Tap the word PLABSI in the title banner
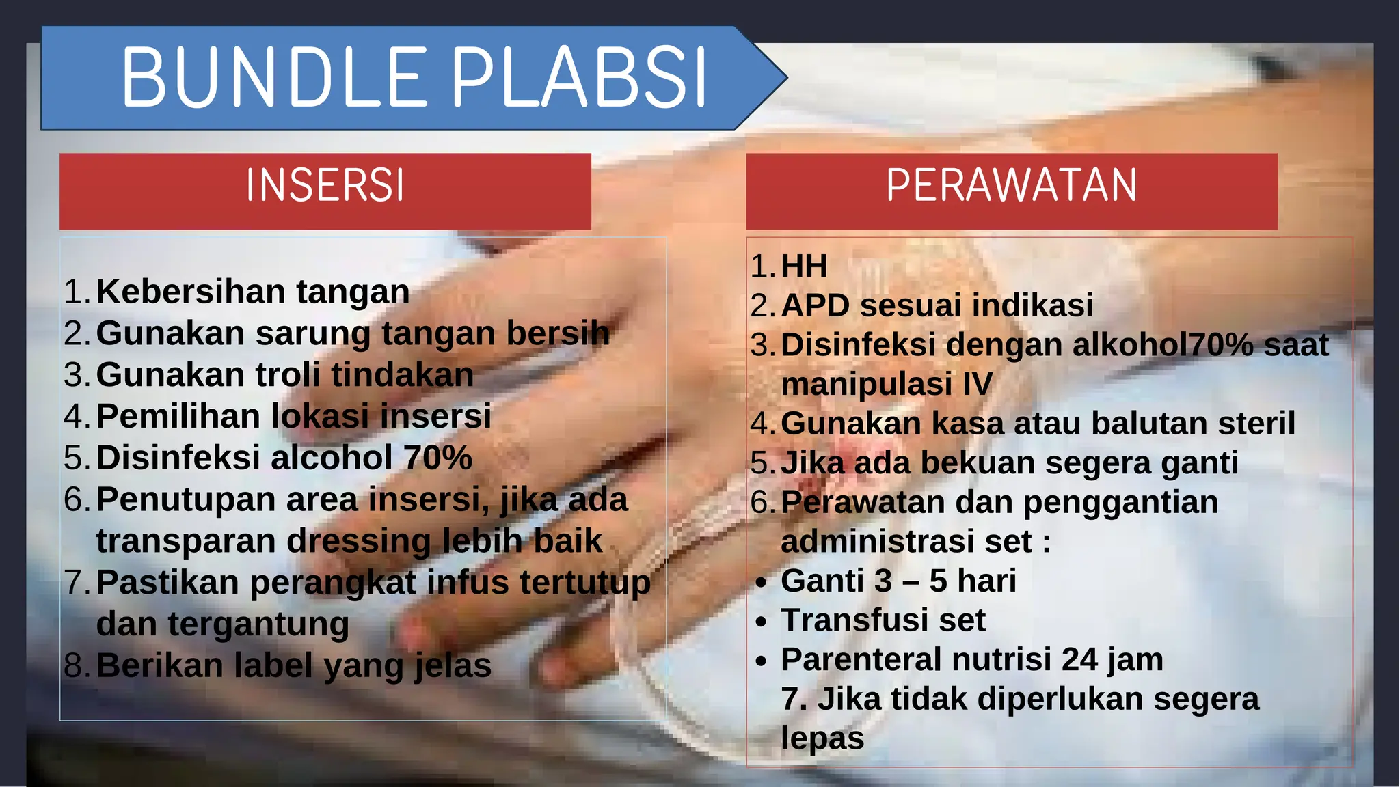click(580, 78)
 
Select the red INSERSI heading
click(325, 186)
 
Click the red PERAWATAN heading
click(1012, 186)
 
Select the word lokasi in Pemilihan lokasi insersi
click(321, 416)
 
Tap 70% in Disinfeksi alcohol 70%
click(437, 458)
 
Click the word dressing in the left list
click(359, 541)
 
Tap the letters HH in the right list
click(804, 266)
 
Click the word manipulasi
click(866, 384)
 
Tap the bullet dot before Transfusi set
click(762, 622)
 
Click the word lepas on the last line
click(822, 739)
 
